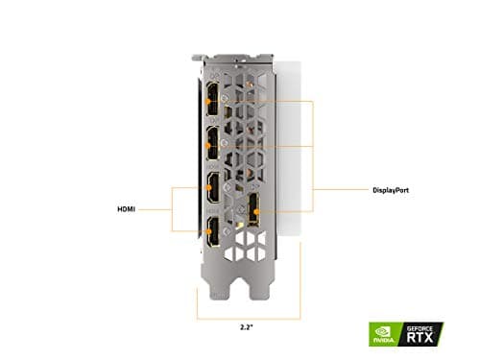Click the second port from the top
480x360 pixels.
208,144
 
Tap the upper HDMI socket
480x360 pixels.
208,187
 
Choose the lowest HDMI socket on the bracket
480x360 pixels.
208,230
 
